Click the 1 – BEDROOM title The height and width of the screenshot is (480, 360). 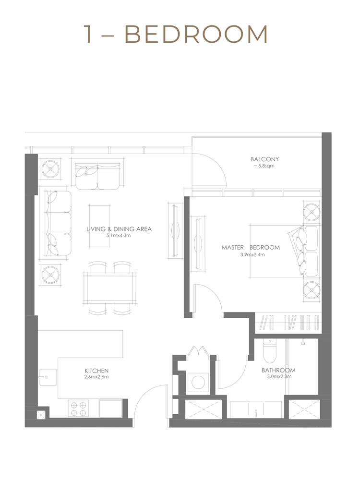[176, 35]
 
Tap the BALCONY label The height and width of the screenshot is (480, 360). [264, 159]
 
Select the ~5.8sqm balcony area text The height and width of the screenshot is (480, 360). [264, 166]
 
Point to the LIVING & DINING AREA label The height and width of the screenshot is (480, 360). [119, 229]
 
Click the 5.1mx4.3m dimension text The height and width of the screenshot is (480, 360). [119, 236]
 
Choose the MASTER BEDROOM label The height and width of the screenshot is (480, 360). [251, 248]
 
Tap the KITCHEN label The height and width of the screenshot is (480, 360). [96, 371]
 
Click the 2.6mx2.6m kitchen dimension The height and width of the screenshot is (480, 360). [96, 377]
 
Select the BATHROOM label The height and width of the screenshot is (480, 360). [278, 371]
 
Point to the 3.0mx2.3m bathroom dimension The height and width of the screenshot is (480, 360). [278, 377]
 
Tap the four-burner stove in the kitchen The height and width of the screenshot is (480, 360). [78, 408]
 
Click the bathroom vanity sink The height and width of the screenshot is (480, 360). [256, 409]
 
